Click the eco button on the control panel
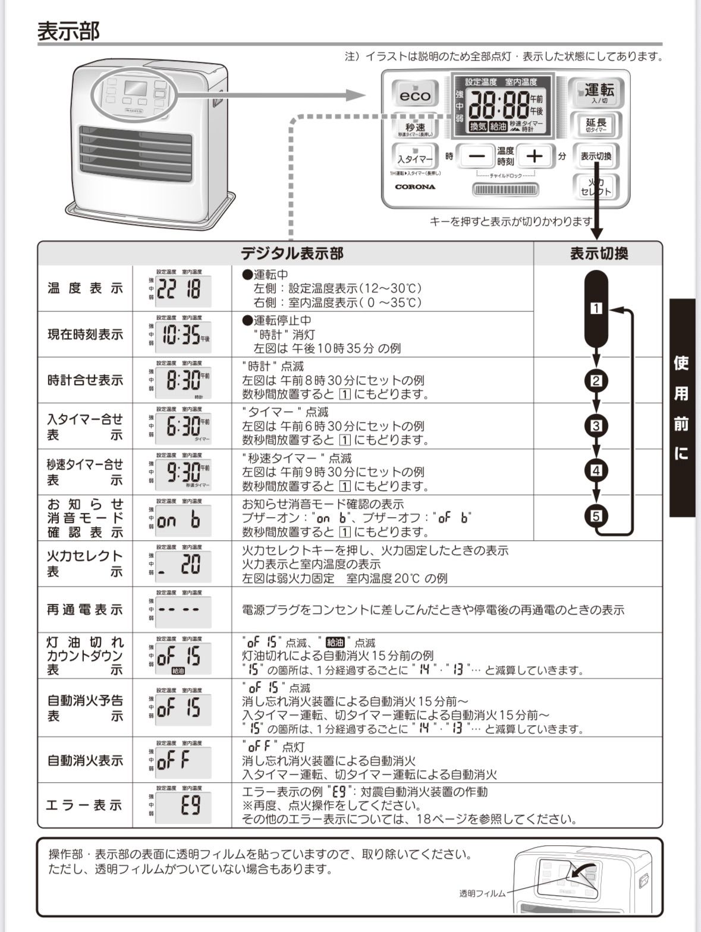click(x=414, y=94)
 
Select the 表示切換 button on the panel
click(x=596, y=156)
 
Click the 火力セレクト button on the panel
click(x=596, y=187)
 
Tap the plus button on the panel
click(x=536, y=156)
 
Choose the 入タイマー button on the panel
click(x=414, y=158)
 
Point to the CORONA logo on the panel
click(x=415, y=187)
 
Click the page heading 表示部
click(x=68, y=31)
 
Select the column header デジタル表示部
click(x=291, y=254)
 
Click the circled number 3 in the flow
click(x=596, y=426)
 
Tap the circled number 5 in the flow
click(x=596, y=515)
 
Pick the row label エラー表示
click(x=84, y=805)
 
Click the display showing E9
click(x=181, y=805)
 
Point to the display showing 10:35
click(x=181, y=335)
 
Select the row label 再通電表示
click(x=84, y=610)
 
